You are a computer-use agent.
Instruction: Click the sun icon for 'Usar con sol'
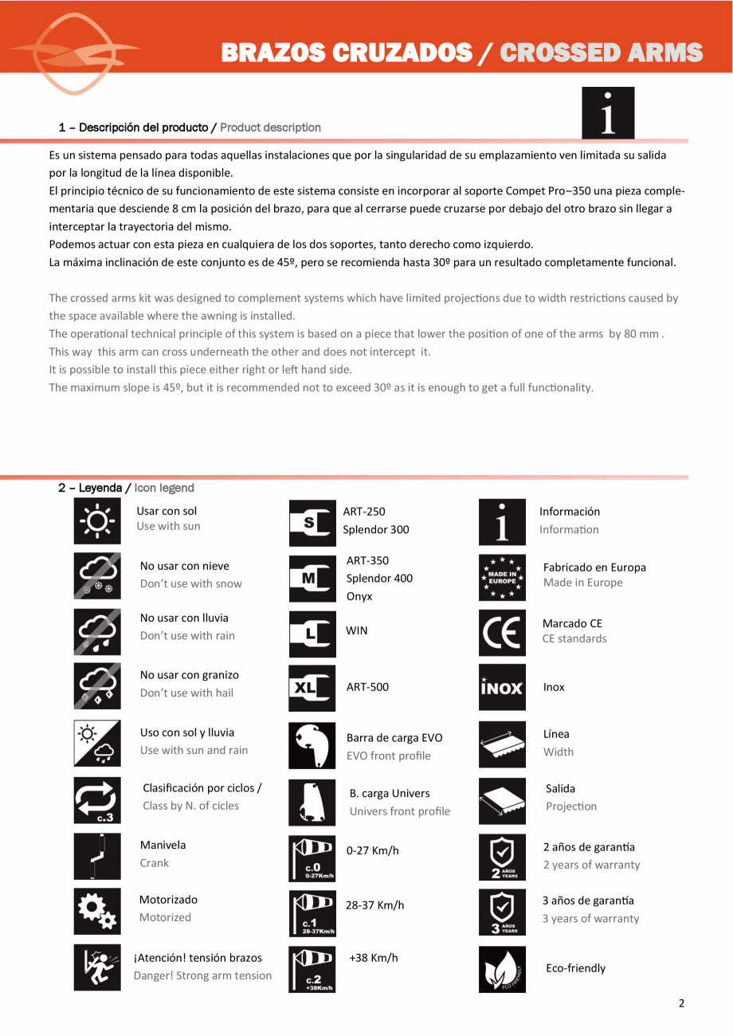[x=97, y=521]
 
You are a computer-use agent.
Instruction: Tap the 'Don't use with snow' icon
[x=97, y=575]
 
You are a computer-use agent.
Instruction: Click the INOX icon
[x=502, y=687]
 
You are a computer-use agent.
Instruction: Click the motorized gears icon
[x=97, y=911]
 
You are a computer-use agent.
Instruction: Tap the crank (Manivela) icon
[x=97, y=855]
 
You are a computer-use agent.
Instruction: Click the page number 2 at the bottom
[x=681, y=1003]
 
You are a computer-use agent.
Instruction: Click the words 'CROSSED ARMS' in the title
[x=602, y=53]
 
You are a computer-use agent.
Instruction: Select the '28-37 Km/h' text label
[x=375, y=905]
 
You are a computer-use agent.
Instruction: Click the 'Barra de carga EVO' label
[x=394, y=738]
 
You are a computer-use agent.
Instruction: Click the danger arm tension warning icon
[x=97, y=967]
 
